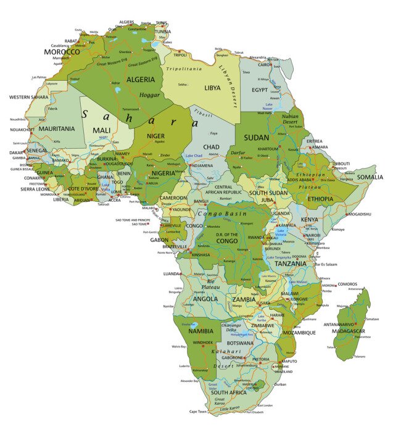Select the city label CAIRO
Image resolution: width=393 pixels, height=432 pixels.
coord(264,64)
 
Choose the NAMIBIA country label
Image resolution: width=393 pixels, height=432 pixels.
coord(201,331)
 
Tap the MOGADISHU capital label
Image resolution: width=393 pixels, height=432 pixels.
coord(359,214)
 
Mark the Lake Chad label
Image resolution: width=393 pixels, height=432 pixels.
coord(194,156)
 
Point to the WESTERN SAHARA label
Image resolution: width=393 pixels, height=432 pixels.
coord(28,97)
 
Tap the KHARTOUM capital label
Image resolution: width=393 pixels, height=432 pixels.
coord(268,149)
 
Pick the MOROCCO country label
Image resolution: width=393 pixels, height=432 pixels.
coord(62,52)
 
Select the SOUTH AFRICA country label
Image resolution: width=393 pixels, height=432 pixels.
coord(229,393)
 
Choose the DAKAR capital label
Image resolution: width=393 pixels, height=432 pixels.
coord(15,152)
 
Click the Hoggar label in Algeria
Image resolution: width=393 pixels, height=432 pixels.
coord(148,96)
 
